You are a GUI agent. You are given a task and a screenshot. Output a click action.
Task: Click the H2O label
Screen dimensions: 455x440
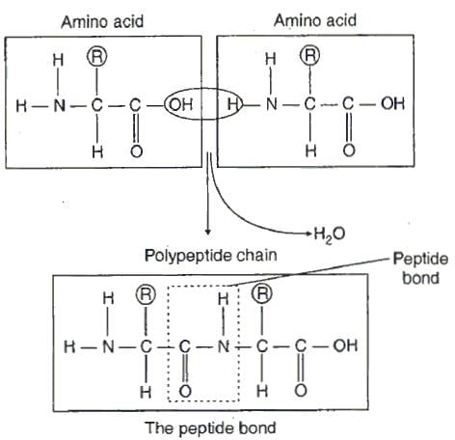[x=330, y=234]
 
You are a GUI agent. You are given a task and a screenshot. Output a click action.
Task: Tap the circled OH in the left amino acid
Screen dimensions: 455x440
[x=180, y=105]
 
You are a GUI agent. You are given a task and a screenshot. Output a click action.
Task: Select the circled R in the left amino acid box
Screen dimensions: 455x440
[x=97, y=57]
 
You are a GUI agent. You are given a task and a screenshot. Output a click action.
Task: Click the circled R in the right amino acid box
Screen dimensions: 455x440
[x=310, y=55]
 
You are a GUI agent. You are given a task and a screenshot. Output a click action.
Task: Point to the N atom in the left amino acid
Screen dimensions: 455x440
[x=59, y=105]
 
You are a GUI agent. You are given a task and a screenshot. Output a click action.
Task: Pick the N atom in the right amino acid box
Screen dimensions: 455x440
[x=272, y=104]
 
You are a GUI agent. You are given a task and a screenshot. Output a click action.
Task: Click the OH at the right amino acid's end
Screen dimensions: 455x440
[x=392, y=103]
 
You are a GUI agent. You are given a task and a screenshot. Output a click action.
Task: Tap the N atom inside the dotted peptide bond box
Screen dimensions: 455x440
[x=224, y=346]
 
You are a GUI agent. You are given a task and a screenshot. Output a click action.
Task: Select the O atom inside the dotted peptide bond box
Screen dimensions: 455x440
[x=185, y=392]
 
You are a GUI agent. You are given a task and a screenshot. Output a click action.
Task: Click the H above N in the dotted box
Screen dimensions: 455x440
[x=224, y=299]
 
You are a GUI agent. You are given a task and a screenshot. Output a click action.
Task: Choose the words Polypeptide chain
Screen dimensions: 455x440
[x=211, y=256]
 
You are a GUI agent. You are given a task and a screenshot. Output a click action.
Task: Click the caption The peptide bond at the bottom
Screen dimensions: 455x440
[x=210, y=428]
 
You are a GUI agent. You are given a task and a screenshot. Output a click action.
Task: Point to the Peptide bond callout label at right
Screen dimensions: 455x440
[x=420, y=268]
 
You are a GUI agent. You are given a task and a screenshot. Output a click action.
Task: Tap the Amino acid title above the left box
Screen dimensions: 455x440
[x=102, y=22]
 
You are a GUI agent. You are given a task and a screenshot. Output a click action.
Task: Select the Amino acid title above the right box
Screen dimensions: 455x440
[x=315, y=20]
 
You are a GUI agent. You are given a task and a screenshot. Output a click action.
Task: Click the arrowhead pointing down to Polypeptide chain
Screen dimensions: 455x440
[x=208, y=232]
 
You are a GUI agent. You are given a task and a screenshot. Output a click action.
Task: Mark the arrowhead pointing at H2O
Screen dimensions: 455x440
[x=309, y=234]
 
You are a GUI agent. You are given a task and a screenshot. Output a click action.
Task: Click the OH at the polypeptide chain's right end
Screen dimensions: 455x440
[x=345, y=345]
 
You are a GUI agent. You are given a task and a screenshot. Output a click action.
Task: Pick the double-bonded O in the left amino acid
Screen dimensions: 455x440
[x=137, y=151]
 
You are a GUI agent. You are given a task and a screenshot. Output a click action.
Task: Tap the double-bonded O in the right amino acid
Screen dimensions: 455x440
[x=349, y=151]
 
